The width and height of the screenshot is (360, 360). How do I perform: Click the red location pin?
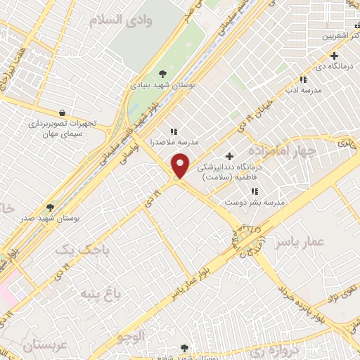pyautogui.click(x=181, y=166)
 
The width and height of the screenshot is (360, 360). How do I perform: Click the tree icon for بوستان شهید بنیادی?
pyautogui.click(x=162, y=73)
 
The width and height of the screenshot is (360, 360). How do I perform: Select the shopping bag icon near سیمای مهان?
pyautogui.click(x=63, y=112)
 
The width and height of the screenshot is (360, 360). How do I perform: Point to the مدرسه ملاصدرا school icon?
pyautogui.click(x=174, y=131)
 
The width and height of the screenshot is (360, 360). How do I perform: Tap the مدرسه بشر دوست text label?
pyautogui.click(x=253, y=202)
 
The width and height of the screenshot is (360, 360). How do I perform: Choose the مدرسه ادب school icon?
pyautogui.click(x=303, y=80)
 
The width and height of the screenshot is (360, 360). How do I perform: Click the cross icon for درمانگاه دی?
pyautogui.click(x=334, y=56)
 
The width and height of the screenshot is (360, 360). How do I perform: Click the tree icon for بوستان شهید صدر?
pyautogui.click(x=49, y=207)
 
